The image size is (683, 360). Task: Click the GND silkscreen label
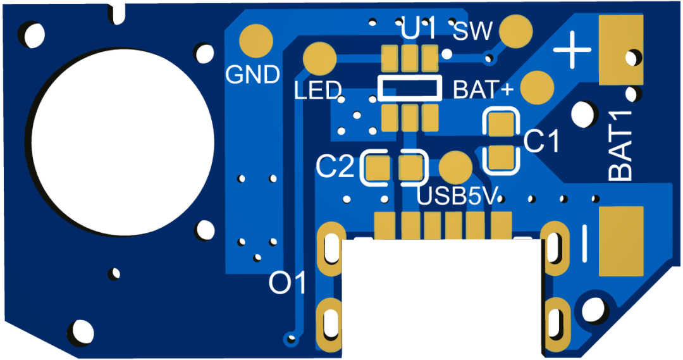[253, 75]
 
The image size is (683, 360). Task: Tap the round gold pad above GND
[256, 39]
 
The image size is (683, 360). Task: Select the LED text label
[317, 91]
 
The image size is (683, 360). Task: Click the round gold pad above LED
[319, 58]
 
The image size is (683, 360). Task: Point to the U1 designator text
[418, 30]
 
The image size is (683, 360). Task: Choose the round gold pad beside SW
[516, 30]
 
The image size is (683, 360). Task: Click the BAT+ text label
[484, 90]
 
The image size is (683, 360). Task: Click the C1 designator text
[543, 142]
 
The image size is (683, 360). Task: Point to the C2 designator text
[336, 166]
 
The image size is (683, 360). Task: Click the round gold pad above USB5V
[455, 167]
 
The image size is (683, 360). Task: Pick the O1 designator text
[286, 283]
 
